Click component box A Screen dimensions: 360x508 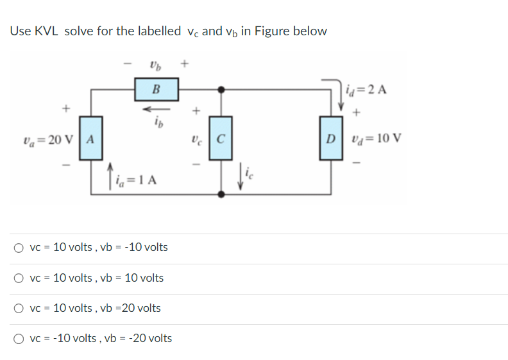coord(90,138)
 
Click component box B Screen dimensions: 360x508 coord(157,89)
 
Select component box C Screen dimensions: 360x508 coord(221,138)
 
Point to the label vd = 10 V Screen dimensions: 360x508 coord(378,138)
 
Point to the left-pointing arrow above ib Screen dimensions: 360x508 coord(157,108)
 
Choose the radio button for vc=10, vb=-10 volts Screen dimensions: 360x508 coord(19,248)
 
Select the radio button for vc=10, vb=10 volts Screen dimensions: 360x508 coord(19,279)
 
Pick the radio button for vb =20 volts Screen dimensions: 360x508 coord(19,309)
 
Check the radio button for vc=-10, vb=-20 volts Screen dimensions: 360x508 coord(19,339)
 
